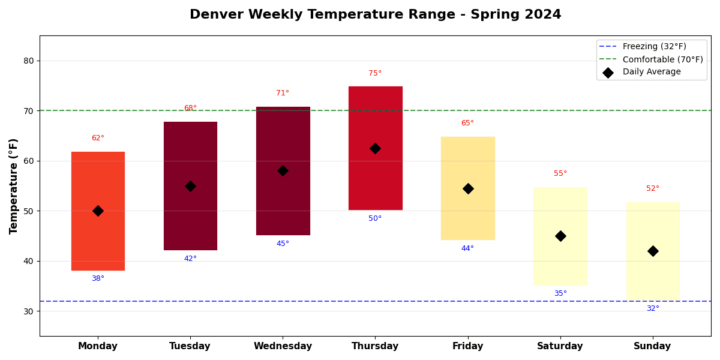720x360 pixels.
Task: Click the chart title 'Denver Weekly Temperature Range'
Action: [375, 14]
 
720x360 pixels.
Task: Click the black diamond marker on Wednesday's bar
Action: [283, 171]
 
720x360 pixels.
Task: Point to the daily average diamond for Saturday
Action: [560, 236]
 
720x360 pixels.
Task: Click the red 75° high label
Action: [375, 73]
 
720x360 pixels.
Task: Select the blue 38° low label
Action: [98, 278]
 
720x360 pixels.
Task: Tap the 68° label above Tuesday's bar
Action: [190, 108]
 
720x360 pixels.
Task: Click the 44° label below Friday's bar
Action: [467, 248]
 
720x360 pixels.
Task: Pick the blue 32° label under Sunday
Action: [652, 308]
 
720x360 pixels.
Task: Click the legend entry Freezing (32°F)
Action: [654, 47]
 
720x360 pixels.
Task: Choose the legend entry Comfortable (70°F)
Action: [662, 59]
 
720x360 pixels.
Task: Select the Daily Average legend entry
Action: [652, 72]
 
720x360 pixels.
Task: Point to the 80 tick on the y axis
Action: [28, 61]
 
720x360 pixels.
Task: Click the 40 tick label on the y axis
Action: [28, 261]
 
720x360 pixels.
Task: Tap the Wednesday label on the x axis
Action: [283, 346]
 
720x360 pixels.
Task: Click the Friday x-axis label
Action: [467, 346]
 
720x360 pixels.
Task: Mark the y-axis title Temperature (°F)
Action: [14, 186]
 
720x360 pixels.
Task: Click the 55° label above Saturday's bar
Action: [560, 173]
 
